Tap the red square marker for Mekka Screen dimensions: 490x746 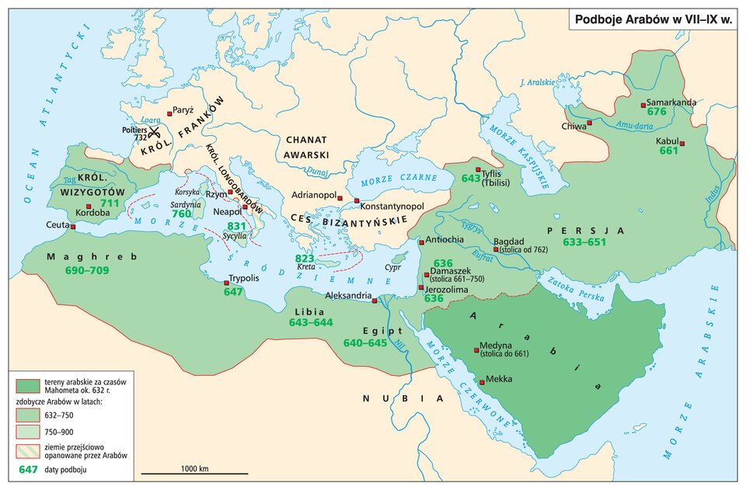[x=481, y=383]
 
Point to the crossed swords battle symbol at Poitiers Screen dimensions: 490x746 [x=154, y=131]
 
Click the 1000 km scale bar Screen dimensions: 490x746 [x=193, y=471]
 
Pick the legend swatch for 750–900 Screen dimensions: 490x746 [x=27, y=432]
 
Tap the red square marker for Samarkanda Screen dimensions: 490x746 [x=642, y=104]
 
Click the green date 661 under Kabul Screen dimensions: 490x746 [x=669, y=151]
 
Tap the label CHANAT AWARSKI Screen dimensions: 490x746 [x=308, y=147]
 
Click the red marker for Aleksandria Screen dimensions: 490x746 [x=375, y=301]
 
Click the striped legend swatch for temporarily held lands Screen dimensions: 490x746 [x=27, y=451]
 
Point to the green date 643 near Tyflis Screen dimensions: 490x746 [x=471, y=178]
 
